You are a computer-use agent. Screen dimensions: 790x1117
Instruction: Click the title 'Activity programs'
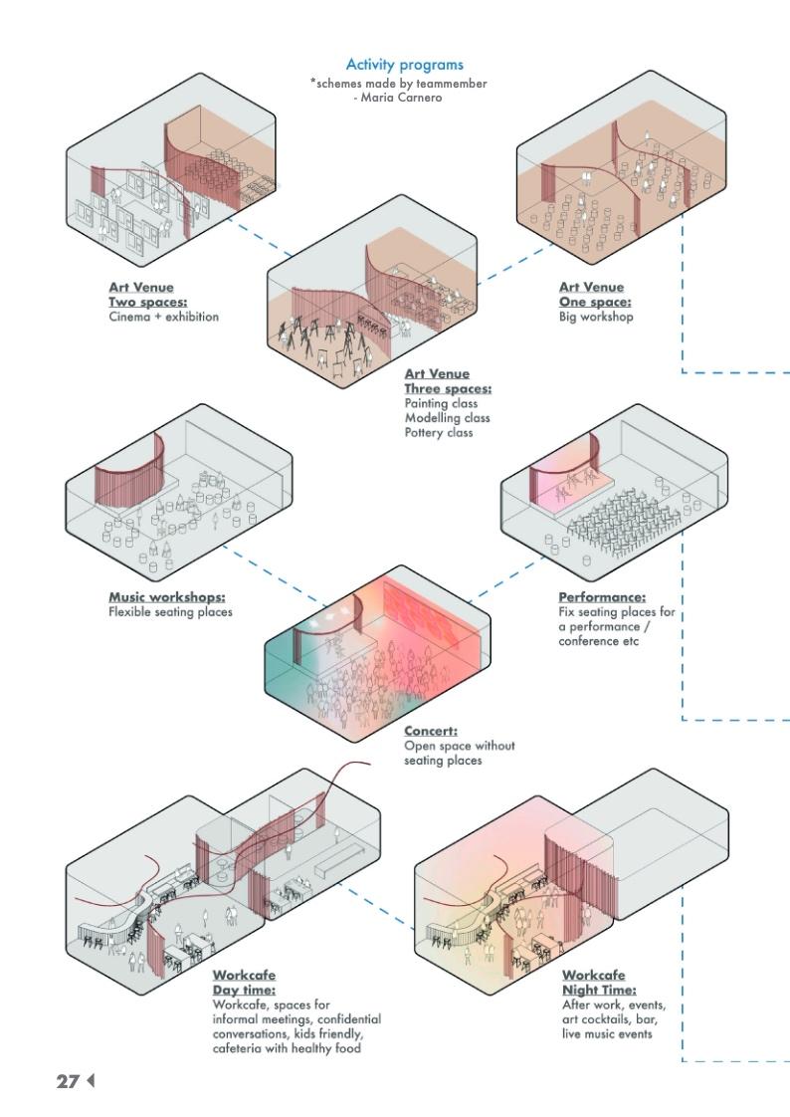tap(398, 66)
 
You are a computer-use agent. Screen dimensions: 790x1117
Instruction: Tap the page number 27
tap(67, 1080)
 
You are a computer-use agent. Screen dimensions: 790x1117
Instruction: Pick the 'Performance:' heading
tap(602, 597)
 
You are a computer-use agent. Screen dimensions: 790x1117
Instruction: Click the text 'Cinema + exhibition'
tap(163, 317)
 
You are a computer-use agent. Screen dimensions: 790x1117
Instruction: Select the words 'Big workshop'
tap(596, 317)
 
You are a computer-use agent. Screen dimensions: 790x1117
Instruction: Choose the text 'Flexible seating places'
tap(170, 611)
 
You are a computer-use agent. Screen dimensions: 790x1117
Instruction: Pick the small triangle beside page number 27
tap(90, 1080)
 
